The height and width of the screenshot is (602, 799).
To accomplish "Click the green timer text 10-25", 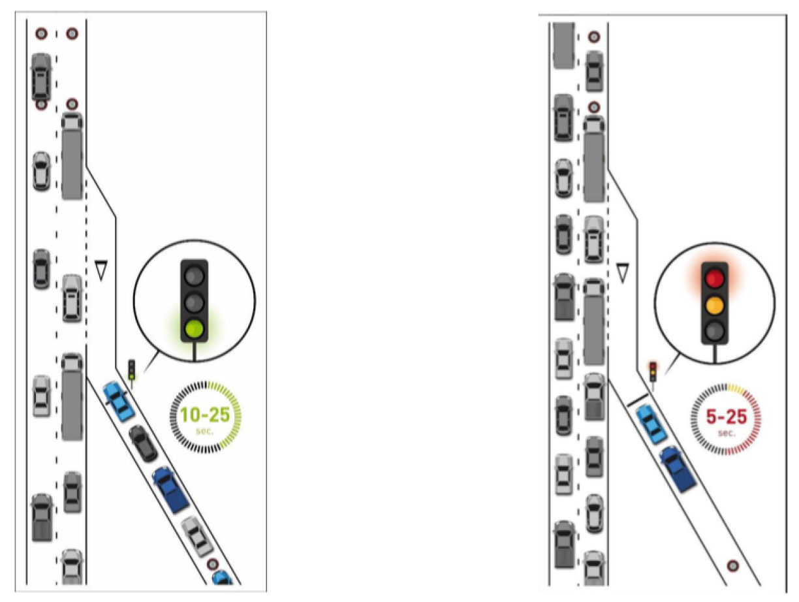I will [x=205, y=415].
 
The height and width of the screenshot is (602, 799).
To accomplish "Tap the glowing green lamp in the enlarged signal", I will [x=194, y=329].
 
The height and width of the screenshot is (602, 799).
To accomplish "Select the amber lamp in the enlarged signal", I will [x=715, y=304].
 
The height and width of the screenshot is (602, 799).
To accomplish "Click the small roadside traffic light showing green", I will [x=131, y=370].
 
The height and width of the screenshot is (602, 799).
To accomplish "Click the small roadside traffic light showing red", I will [x=652, y=371].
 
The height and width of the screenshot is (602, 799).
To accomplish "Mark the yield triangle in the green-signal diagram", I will [x=101, y=270].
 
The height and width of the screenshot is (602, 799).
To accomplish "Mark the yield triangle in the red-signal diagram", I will [x=622, y=272].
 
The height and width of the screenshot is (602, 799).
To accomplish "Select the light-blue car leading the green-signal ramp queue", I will [x=118, y=401].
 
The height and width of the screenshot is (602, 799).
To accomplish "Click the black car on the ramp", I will [x=143, y=443].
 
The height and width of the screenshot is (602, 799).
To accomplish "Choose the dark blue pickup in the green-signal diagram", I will [x=170, y=488].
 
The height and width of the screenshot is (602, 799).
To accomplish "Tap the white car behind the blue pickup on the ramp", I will [x=198, y=535].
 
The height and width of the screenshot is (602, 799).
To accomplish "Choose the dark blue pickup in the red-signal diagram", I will [x=678, y=467].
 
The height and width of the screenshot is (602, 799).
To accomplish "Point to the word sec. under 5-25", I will [x=725, y=432].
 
